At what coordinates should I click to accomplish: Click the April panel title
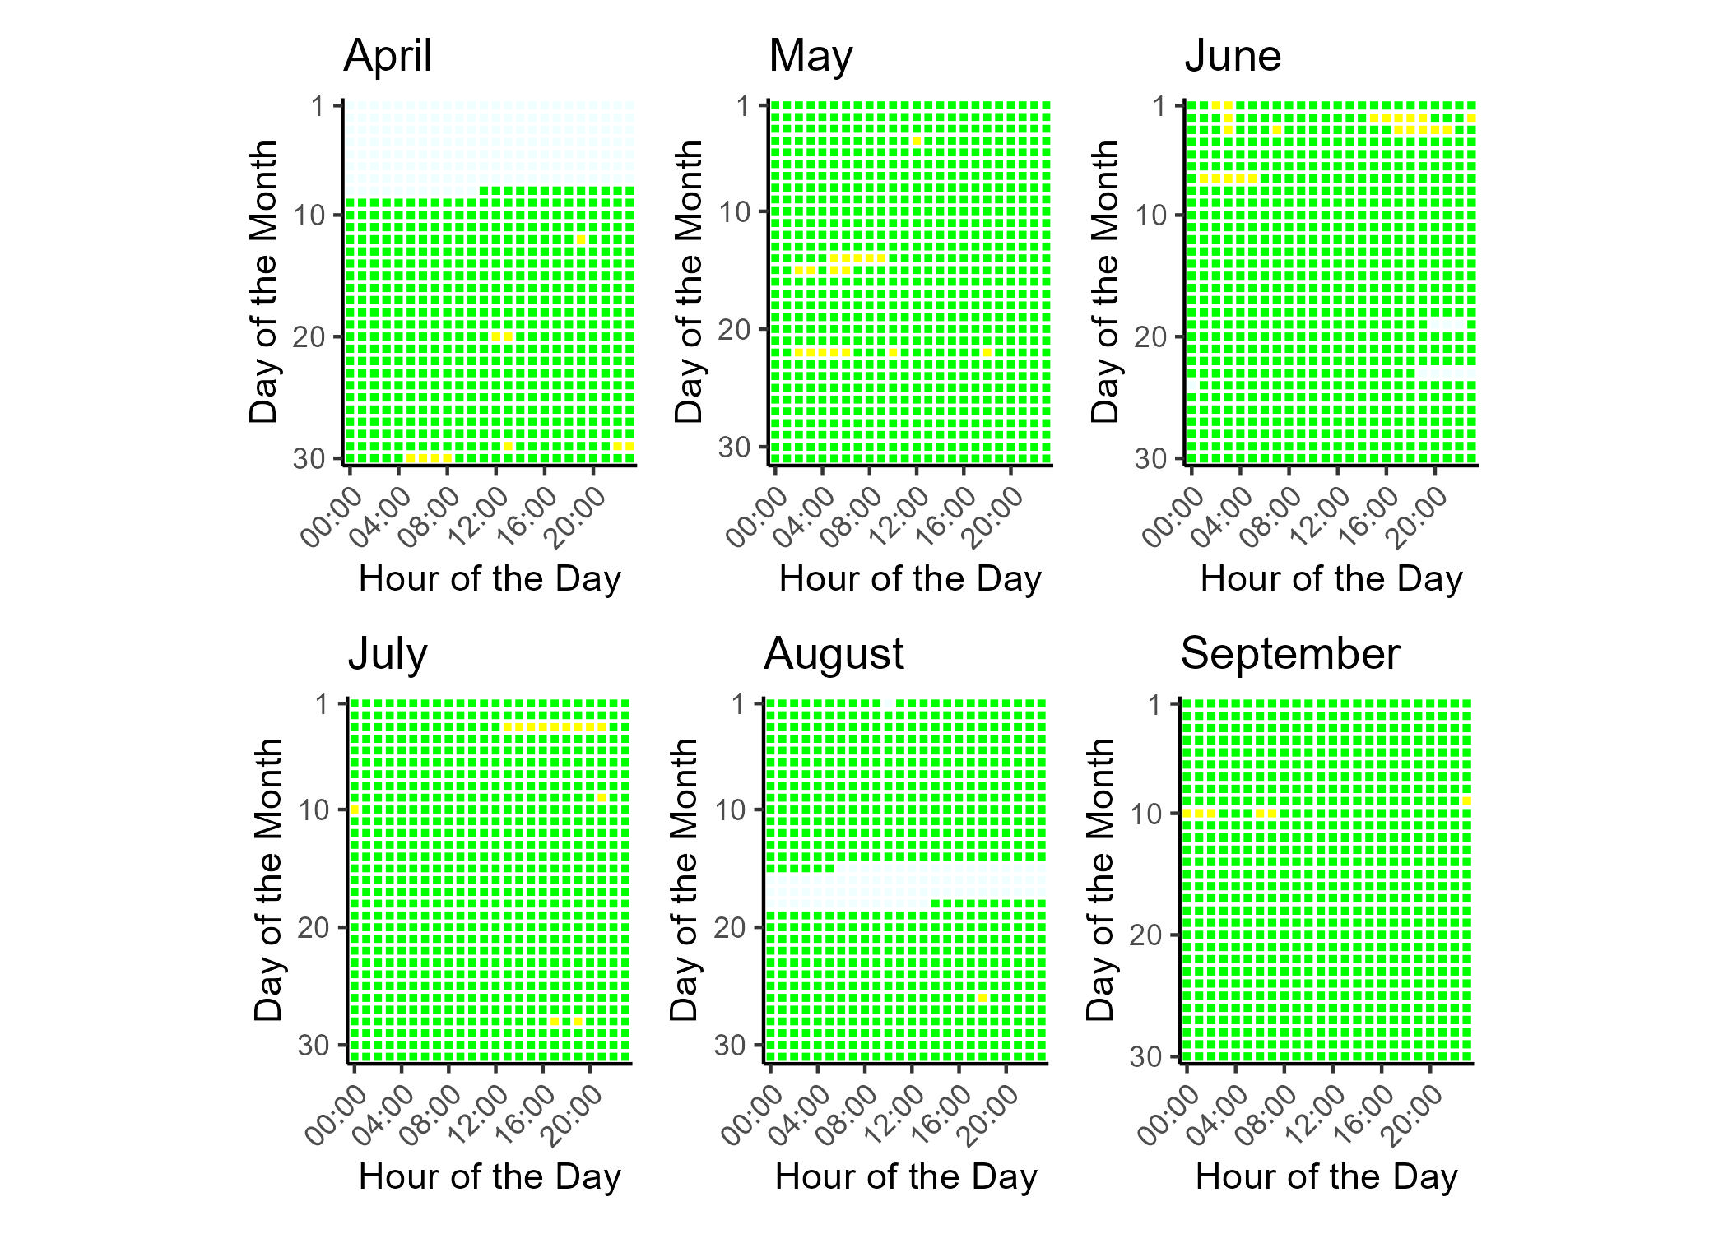coord(387,56)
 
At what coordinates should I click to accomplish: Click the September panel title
coord(1289,654)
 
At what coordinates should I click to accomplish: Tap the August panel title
coord(833,654)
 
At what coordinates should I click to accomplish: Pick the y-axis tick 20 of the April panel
coord(309,337)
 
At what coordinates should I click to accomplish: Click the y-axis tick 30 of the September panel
coord(1145,1056)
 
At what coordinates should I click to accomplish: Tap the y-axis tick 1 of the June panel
coord(1160,106)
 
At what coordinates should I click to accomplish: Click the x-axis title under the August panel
coord(905,1176)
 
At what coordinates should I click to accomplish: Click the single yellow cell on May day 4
coord(917,141)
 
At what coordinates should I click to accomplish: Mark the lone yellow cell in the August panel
coord(982,998)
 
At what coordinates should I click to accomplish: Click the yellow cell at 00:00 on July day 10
coord(355,810)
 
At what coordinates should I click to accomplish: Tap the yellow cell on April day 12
coord(581,239)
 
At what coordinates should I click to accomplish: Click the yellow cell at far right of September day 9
coord(1467,801)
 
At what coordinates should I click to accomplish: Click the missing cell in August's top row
coord(888,704)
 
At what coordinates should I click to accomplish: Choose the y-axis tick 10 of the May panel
coord(734,212)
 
